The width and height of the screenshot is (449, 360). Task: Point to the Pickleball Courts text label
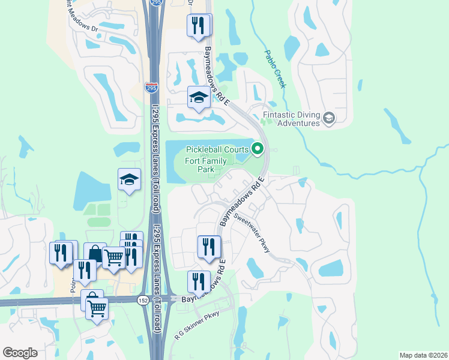[217, 149]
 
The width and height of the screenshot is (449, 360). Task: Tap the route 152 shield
[143, 300]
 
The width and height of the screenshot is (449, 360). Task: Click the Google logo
[20, 352]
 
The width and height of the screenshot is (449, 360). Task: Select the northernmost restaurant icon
[198, 25]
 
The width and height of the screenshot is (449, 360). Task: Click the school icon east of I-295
[198, 98]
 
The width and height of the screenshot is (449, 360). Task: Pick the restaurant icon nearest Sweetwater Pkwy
[209, 247]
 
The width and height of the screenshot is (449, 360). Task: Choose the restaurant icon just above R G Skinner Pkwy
[199, 281]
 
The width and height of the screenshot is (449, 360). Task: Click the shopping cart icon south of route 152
[96, 309]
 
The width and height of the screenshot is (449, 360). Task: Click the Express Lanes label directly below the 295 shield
[155, 144]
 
